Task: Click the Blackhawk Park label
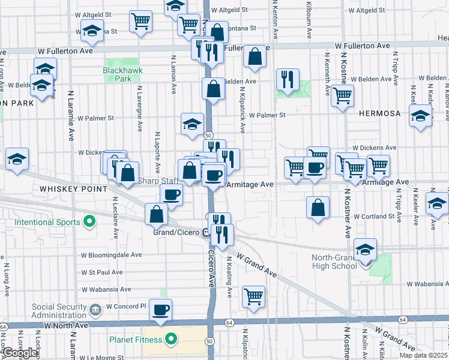coord(116,74)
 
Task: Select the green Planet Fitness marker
coord(171,340)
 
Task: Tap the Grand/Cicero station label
coord(176,233)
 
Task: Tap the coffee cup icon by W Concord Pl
coord(160,310)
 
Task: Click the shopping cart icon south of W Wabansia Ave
coord(254,296)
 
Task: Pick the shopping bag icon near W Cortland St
coord(318,207)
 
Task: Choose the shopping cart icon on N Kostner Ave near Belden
coord(342,95)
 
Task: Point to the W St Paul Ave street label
coord(102,272)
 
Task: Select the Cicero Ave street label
coord(211,269)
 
